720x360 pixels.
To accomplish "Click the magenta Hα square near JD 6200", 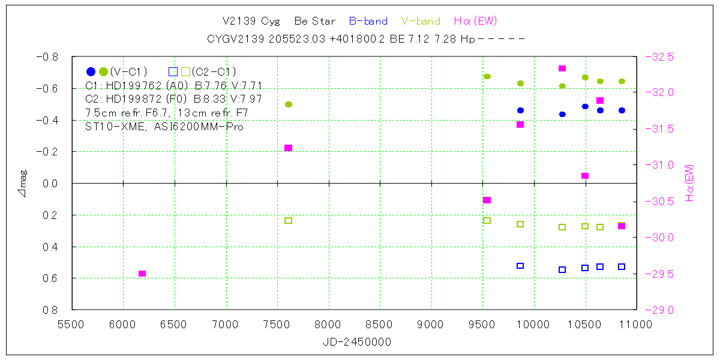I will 142,274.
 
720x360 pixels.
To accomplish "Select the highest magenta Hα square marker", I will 562,68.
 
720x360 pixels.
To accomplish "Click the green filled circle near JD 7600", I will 289,104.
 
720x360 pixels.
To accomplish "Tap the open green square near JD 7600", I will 288,221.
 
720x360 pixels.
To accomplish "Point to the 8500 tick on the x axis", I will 380,325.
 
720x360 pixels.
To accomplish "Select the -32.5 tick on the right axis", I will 659,57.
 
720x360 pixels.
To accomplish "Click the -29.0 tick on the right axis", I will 659,310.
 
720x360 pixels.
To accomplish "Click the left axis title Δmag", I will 23,184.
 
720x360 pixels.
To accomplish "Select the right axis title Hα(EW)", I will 689,184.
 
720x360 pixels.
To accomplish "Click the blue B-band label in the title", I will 368,21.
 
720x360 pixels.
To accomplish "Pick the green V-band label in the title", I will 421,21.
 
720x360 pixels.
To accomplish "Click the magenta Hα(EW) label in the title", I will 476,21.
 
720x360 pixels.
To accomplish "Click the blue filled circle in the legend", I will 91,71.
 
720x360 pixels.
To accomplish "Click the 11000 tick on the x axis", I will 635,325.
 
